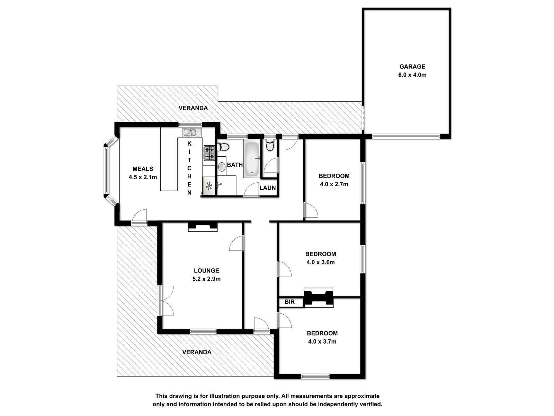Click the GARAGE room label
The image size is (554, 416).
coord(412,67)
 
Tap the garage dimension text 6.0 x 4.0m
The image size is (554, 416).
coord(412,75)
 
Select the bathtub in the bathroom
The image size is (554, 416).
coord(252,159)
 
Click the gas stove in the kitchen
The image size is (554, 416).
coord(209,153)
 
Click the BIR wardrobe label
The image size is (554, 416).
coord(289,302)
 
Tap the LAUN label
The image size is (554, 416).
coord(268,188)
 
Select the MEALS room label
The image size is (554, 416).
coord(143,169)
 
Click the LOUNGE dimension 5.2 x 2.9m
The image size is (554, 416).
coord(206,279)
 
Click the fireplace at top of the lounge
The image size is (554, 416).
coord(203,227)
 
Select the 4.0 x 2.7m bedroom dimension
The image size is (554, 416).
coord(334,184)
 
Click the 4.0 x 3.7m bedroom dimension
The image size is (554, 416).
coord(322,342)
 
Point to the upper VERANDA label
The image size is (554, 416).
coord(193,108)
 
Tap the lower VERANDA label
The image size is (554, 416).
coord(197,352)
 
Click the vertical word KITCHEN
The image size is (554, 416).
coord(189,168)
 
